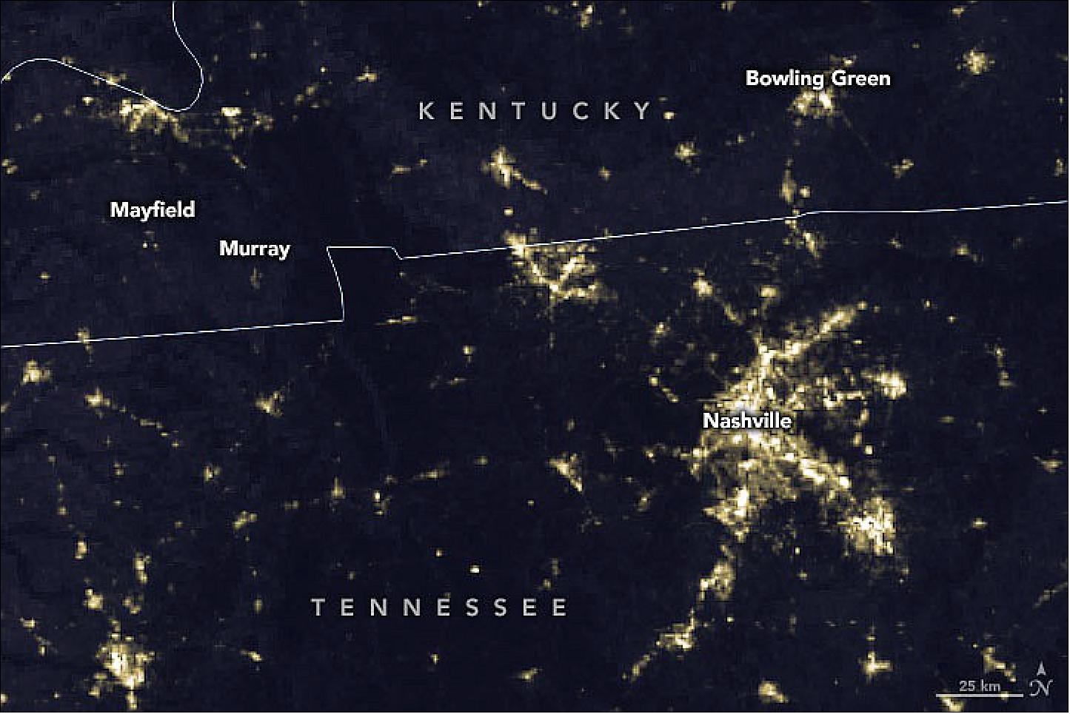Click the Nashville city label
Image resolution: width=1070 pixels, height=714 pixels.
(x=747, y=420)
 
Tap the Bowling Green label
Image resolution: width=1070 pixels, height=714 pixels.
(x=817, y=78)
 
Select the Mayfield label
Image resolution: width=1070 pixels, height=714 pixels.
(x=153, y=209)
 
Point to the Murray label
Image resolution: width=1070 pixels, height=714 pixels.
(x=254, y=248)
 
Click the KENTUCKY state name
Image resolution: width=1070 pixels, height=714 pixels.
(x=535, y=111)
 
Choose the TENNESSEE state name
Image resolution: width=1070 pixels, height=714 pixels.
(x=439, y=607)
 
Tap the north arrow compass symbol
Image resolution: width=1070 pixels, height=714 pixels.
(x=1040, y=681)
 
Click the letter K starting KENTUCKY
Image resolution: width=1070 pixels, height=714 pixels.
(x=426, y=111)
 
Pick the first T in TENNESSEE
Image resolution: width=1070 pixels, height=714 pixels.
(x=318, y=607)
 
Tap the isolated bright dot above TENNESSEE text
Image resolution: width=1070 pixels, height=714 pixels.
(x=475, y=570)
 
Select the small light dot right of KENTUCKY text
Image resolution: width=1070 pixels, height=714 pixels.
(x=670, y=115)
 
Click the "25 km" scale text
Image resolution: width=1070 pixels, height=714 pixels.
(x=979, y=686)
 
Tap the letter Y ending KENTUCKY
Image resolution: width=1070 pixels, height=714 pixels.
(x=644, y=111)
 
